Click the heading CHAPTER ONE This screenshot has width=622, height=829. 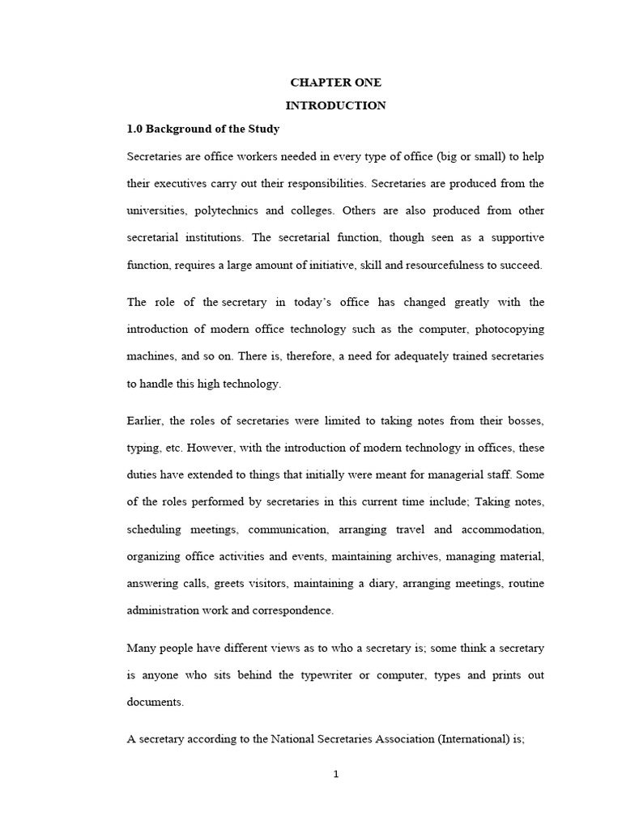pos(335,83)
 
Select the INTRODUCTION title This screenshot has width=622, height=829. pos(335,105)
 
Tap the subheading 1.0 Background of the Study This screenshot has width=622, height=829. pos(203,129)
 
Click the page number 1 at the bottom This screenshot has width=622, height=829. pos(336,774)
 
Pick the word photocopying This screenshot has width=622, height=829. pos(509,329)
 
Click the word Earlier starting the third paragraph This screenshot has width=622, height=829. pos(144,421)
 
